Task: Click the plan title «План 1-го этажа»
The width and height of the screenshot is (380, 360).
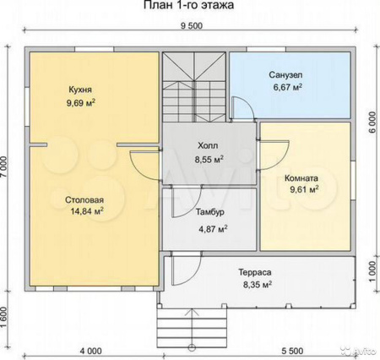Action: [x=189, y=5]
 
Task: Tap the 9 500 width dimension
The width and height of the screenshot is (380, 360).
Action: [x=192, y=26]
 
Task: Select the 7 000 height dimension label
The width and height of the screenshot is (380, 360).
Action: [x=3, y=167]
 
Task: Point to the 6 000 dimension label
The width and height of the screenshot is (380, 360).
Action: [x=372, y=123]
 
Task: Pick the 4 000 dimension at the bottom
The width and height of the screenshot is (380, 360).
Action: [x=91, y=352]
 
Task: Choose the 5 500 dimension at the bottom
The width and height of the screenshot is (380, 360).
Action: [x=293, y=352]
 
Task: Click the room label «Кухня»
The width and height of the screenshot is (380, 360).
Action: [x=80, y=90]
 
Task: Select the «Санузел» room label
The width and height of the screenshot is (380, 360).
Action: [x=285, y=75]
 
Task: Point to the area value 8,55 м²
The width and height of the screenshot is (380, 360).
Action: [x=209, y=160]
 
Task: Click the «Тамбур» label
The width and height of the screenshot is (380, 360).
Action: [x=210, y=212]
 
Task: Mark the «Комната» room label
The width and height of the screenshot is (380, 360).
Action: [x=301, y=178]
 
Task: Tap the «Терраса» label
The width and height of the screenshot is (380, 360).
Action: [x=255, y=272]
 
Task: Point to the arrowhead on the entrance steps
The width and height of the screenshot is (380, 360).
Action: [x=193, y=312]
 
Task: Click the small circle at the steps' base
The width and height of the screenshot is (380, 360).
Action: [x=193, y=347]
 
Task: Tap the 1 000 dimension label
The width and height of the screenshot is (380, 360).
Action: [x=372, y=272]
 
